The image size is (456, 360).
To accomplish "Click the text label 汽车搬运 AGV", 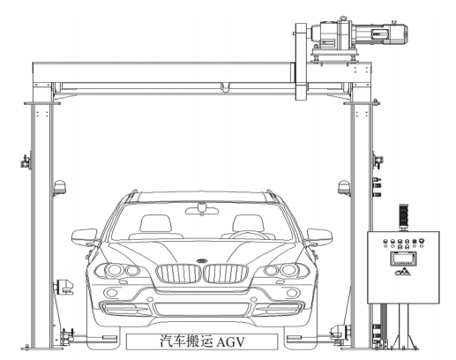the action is pos(202,341).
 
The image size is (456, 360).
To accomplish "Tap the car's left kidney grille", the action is pos(179,274).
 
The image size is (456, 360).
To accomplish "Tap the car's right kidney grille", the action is pos(226,274).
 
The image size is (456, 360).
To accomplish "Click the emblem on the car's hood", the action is pos(202,260).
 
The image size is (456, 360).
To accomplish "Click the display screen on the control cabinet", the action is pos(403,259).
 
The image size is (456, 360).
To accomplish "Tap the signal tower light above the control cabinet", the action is pos(403,217).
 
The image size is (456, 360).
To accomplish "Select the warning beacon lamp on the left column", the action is pos(60,188).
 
